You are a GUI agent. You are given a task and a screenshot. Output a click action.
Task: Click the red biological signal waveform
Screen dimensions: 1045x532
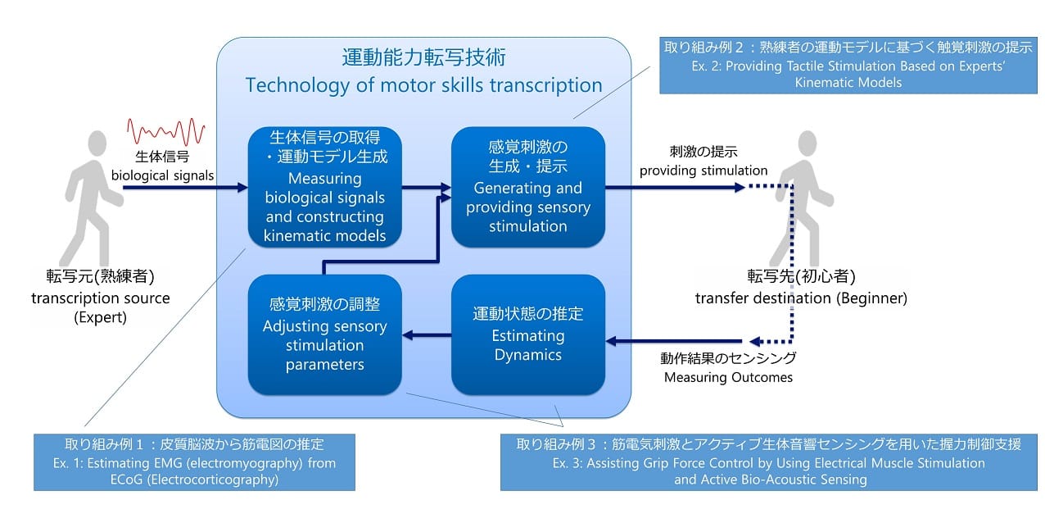[x=165, y=131]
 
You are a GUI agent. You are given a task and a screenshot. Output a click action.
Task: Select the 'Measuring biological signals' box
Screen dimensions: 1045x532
[x=324, y=187]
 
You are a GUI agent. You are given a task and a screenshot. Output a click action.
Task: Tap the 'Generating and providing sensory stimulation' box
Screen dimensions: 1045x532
[x=528, y=187]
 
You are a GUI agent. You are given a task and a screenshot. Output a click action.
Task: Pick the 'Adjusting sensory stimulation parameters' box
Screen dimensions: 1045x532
[x=324, y=334]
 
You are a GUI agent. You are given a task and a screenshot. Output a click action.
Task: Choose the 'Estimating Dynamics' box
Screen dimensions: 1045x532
[x=528, y=334]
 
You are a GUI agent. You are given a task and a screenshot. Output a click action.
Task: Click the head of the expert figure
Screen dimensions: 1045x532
[x=97, y=143]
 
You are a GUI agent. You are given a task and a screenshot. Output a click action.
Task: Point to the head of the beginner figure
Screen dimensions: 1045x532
[x=807, y=143]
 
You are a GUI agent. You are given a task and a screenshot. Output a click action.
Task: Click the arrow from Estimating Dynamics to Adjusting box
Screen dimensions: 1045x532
[x=427, y=335]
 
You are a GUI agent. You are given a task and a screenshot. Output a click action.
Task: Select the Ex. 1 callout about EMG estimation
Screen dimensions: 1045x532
[x=194, y=462]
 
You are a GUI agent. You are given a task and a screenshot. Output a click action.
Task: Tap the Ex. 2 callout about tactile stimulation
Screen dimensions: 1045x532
[x=848, y=66]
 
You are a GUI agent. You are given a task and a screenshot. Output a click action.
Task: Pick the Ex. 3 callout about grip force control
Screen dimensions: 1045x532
[x=769, y=462]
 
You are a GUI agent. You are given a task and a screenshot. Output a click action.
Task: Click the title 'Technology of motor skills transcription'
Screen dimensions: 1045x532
[x=423, y=85]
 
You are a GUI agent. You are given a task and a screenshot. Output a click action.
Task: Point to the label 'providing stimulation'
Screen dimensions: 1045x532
[x=703, y=171]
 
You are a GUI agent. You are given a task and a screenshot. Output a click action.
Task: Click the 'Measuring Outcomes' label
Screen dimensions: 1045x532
[x=728, y=377]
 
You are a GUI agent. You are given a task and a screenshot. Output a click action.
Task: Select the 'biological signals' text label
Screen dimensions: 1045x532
[x=162, y=175]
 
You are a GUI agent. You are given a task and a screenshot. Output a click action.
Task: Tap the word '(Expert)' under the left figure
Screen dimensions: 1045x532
[x=100, y=317]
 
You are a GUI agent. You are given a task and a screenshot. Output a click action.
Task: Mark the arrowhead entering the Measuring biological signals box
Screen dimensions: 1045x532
[x=242, y=188]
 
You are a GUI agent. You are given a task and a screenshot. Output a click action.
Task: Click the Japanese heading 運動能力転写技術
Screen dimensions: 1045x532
[x=423, y=57]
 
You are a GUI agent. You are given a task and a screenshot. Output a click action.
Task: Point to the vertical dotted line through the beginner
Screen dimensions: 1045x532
[x=792, y=264]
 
